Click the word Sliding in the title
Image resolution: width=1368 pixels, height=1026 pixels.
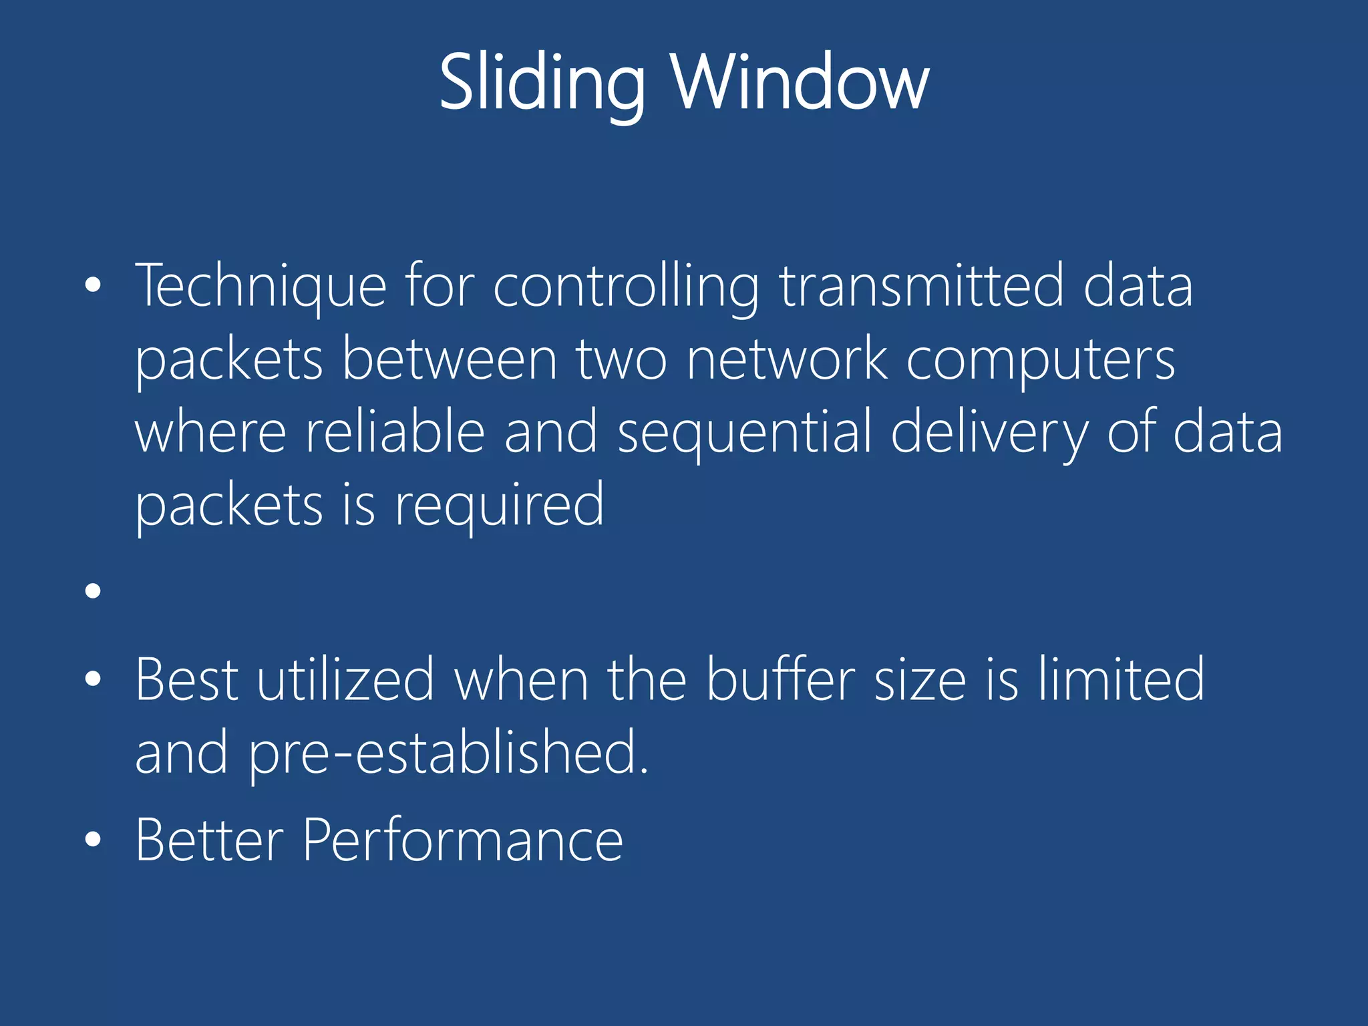542,83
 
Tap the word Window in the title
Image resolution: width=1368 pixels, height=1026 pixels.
800,83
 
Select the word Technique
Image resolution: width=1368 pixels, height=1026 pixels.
261,287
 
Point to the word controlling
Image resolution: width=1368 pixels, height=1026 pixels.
626,287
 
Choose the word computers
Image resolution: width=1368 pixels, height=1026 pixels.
1041,361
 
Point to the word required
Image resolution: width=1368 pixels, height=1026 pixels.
499,506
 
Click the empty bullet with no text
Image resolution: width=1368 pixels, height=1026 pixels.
93,590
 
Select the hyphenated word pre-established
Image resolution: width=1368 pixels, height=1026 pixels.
448,753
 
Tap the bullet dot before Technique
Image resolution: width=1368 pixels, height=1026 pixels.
93,286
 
